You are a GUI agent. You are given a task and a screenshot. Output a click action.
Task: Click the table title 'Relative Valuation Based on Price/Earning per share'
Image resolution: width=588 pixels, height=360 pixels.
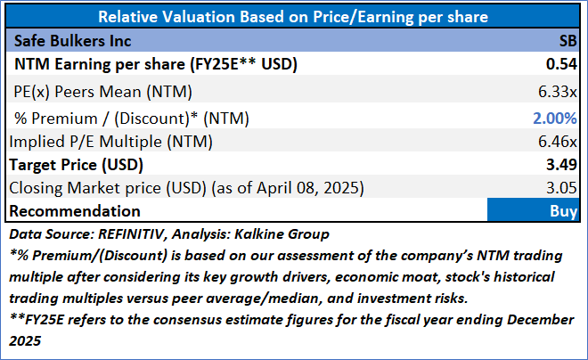pyautogui.click(x=293, y=17)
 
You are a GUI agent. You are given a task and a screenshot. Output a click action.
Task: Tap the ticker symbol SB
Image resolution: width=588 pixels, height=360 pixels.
pyautogui.click(x=568, y=41)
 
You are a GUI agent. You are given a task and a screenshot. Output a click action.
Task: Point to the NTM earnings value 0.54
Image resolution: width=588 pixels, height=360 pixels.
pyautogui.click(x=563, y=65)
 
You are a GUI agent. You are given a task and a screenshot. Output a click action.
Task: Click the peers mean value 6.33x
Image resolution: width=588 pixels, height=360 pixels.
pyautogui.click(x=559, y=91)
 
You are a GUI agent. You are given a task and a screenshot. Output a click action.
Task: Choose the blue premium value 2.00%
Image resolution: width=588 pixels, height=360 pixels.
pyautogui.click(x=557, y=116)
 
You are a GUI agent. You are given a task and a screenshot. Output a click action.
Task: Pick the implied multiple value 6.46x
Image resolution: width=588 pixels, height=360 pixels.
pyautogui.click(x=559, y=140)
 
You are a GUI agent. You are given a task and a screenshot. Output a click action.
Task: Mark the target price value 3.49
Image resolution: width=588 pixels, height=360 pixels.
pyautogui.click(x=563, y=165)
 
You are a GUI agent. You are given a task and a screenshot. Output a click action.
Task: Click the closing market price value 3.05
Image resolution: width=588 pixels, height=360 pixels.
pyautogui.click(x=563, y=188)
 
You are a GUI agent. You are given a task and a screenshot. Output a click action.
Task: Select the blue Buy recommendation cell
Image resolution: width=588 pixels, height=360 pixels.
pyautogui.click(x=533, y=211)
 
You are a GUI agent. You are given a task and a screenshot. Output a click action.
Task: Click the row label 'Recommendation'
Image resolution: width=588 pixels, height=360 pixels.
pyautogui.click(x=75, y=211)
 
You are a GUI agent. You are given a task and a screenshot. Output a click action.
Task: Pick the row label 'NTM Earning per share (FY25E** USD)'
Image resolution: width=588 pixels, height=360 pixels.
pyautogui.click(x=154, y=65)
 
